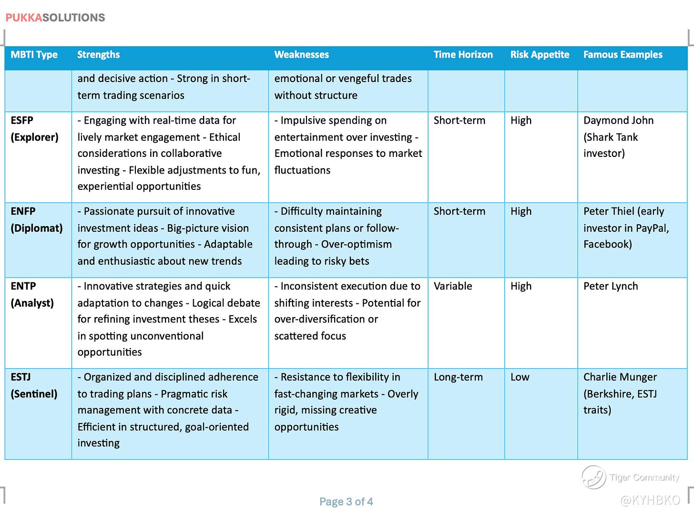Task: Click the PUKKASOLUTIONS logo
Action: [x=55, y=18]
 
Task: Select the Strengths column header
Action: [x=99, y=54]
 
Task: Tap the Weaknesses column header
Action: [x=301, y=54]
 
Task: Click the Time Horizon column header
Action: [x=463, y=54]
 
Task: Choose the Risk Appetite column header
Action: [x=540, y=54]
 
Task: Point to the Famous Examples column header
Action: [x=623, y=54]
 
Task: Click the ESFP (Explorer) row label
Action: [x=34, y=129]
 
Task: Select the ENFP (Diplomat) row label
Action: [x=36, y=219]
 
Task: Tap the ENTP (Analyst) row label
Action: [x=32, y=294]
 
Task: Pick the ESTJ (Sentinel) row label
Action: [x=34, y=385]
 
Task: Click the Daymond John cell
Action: [x=618, y=137]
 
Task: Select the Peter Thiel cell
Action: [x=626, y=227]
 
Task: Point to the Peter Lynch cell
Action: [x=611, y=286]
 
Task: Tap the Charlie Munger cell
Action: [x=620, y=393]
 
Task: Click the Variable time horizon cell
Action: [x=453, y=286]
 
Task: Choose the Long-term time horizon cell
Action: [x=458, y=377]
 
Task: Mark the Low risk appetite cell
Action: [x=520, y=377]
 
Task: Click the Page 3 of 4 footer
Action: [x=346, y=502]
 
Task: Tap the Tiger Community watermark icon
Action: [x=593, y=477]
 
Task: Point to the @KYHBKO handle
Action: [x=651, y=500]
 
